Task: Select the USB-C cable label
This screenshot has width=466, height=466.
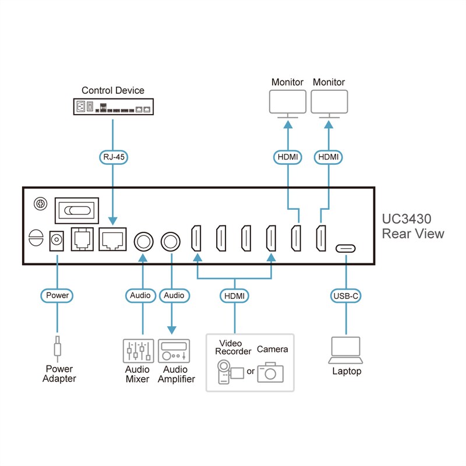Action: pos(346,295)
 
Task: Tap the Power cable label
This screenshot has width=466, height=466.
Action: pos(58,295)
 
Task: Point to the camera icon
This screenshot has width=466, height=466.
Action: pos(270,371)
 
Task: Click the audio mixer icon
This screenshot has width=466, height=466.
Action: pos(138,351)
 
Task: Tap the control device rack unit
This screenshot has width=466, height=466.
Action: pos(112,107)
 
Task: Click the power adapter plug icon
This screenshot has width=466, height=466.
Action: pos(58,349)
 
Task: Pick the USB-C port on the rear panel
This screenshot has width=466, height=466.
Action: pos(346,249)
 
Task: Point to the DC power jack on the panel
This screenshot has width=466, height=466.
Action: pos(58,239)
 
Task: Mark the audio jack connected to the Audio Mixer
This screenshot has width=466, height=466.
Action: pos(143,239)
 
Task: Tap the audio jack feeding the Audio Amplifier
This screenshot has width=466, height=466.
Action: pos(172,239)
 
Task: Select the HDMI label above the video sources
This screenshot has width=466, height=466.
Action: pos(235,295)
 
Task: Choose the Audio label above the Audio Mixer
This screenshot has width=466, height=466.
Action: pos(140,295)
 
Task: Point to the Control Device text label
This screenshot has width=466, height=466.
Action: pos(112,90)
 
